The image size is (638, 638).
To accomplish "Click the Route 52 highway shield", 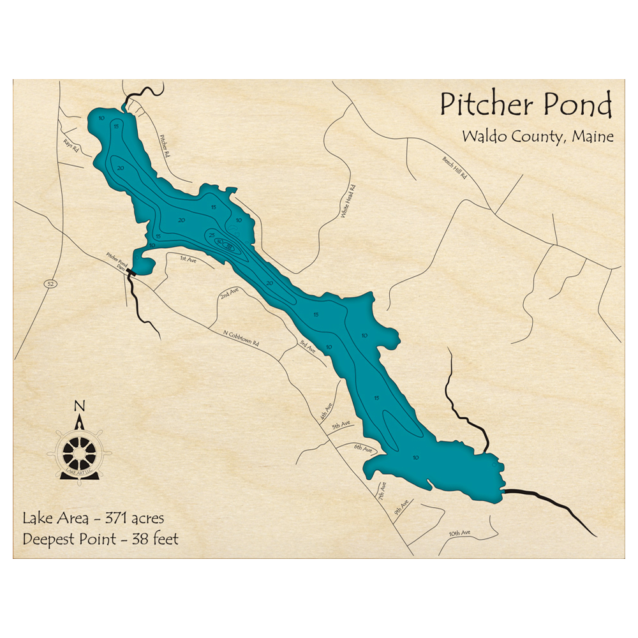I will pyautogui.click(x=48, y=282).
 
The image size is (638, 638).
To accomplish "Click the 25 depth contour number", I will pyautogui.click(x=212, y=235).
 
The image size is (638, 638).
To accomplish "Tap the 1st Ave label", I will pyautogui.click(x=188, y=259).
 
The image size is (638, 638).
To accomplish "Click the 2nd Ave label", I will pyautogui.click(x=229, y=293).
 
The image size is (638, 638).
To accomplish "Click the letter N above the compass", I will pyautogui.click(x=79, y=406).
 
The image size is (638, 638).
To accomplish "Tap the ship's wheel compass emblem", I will pyautogui.click(x=79, y=451).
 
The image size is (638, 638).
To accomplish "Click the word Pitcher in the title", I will pyautogui.click(x=481, y=104).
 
